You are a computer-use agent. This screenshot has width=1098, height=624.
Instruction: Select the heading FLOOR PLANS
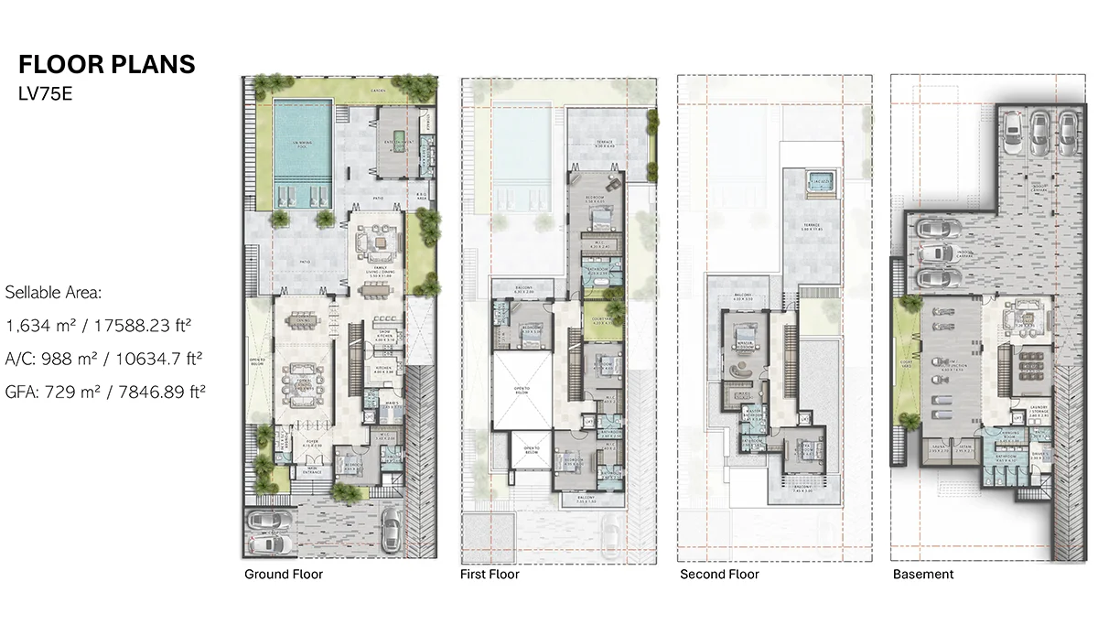pyautogui.click(x=107, y=64)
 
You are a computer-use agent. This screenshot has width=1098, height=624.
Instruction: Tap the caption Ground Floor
pyautogui.click(x=283, y=575)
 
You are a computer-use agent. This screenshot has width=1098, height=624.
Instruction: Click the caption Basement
pyautogui.click(x=922, y=575)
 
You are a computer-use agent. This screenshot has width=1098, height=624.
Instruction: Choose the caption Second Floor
pyautogui.click(x=719, y=575)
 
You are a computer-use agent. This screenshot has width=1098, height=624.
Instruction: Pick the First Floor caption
pyautogui.click(x=489, y=575)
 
